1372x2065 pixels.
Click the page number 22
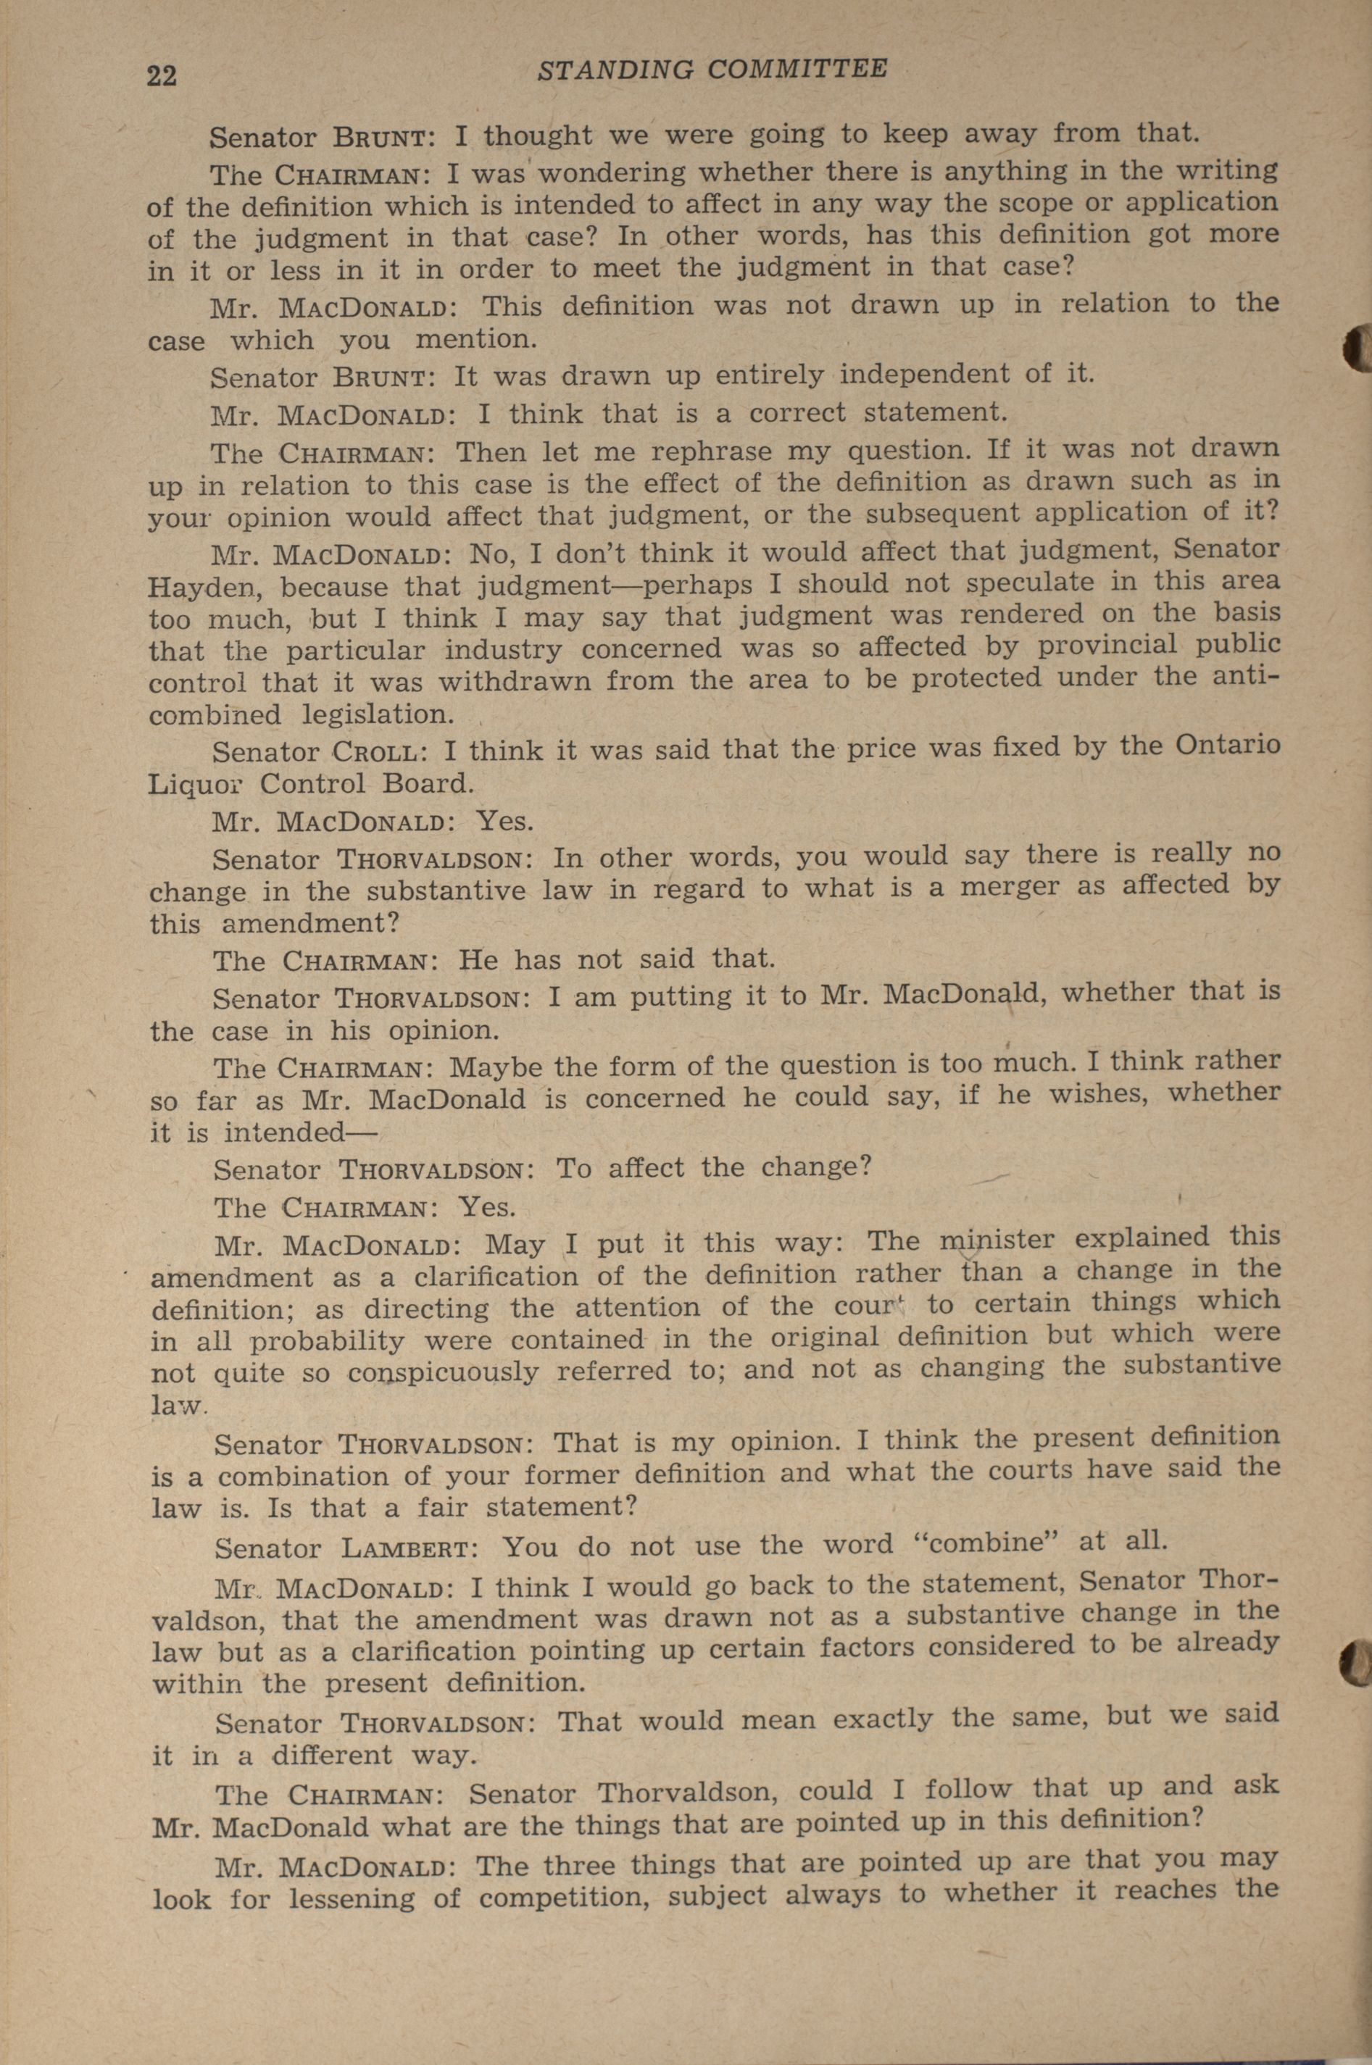162,76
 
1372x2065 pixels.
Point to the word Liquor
191,784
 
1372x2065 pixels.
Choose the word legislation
378,714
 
